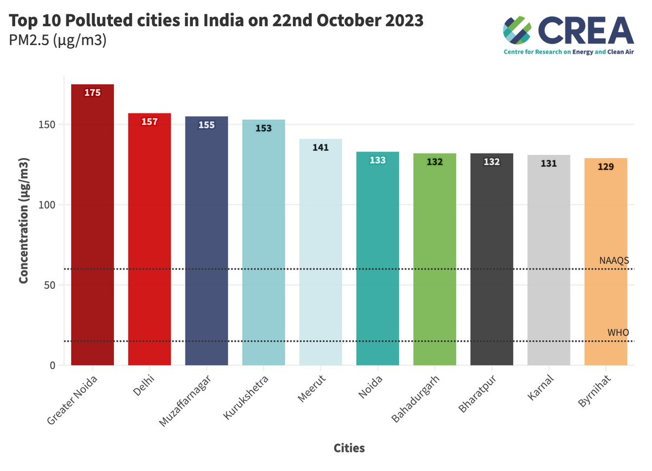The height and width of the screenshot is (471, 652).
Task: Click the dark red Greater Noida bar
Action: click(x=92, y=228)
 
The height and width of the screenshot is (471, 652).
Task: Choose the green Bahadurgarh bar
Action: click(x=435, y=261)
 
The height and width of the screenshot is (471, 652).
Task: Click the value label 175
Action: click(x=92, y=93)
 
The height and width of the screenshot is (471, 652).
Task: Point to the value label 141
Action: click(x=321, y=147)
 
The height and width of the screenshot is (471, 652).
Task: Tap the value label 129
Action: click(x=606, y=167)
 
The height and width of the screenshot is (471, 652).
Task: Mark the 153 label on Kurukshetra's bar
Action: click(x=264, y=128)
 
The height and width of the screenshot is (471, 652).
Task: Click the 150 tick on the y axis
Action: click(x=48, y=124)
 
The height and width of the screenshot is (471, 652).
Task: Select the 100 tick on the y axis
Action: click(x=48, y=205)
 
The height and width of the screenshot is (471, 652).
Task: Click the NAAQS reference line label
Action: click(x=614, y=261)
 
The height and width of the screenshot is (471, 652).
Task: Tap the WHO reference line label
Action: click(x=618, y=332)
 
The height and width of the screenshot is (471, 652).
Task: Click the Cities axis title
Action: click(x=349, y=448)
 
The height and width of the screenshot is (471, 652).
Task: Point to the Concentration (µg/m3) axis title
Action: click(x=24, y=221)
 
